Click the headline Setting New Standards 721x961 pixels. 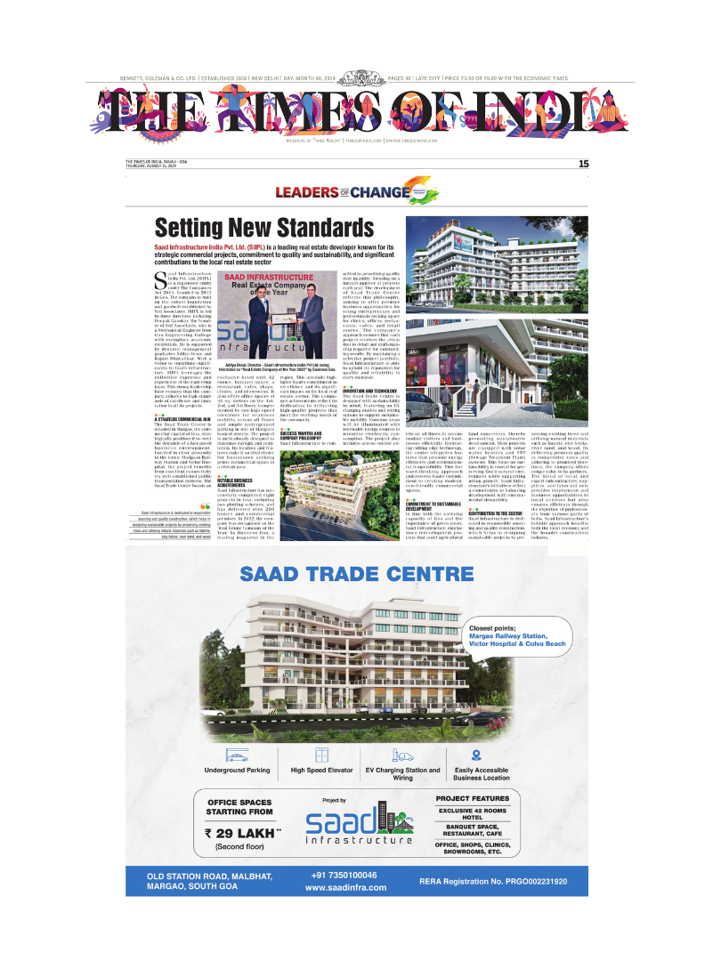264,228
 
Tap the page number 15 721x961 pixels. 583,163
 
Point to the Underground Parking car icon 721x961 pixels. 237,755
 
